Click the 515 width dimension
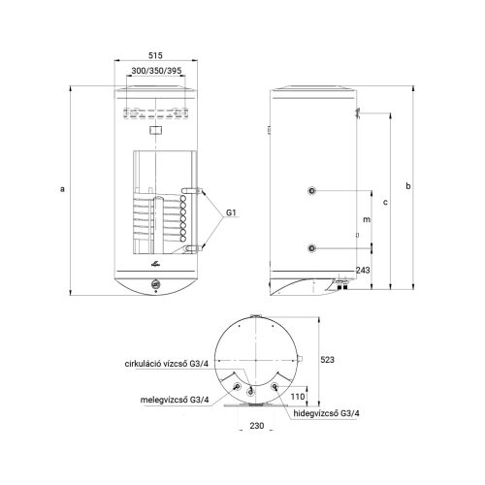tap(155, 55)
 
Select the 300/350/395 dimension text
tap(156, 71)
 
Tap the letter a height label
tap(62, 189)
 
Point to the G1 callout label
tap(231, 212)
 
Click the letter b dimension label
tap(408, 186)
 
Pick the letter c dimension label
tap(385, 203)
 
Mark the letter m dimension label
tap(367, 219)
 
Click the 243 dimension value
tap(363, 270)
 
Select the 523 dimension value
tap(327, 360)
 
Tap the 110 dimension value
tap(298, 397)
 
